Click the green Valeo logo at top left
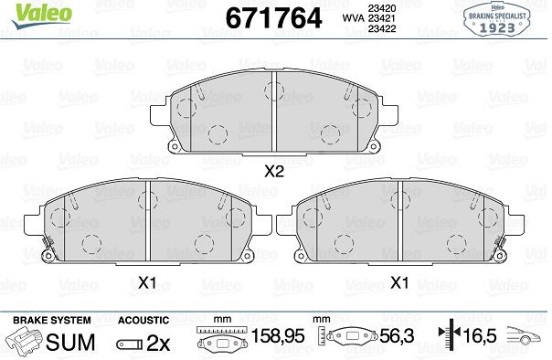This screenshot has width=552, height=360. (41, 15)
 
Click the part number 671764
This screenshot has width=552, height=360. (273, 18)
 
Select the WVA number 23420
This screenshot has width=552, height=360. (382, 8)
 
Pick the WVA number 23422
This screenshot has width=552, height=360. (382, 28)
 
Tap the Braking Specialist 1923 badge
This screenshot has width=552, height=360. (497, 20)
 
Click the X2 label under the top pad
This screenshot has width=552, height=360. (274, 172)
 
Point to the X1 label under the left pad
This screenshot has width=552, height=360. (147, 282)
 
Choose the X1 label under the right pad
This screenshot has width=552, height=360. (399, 282)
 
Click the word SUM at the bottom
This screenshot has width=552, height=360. (70, 342)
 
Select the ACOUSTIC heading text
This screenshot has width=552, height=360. (143, 320)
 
